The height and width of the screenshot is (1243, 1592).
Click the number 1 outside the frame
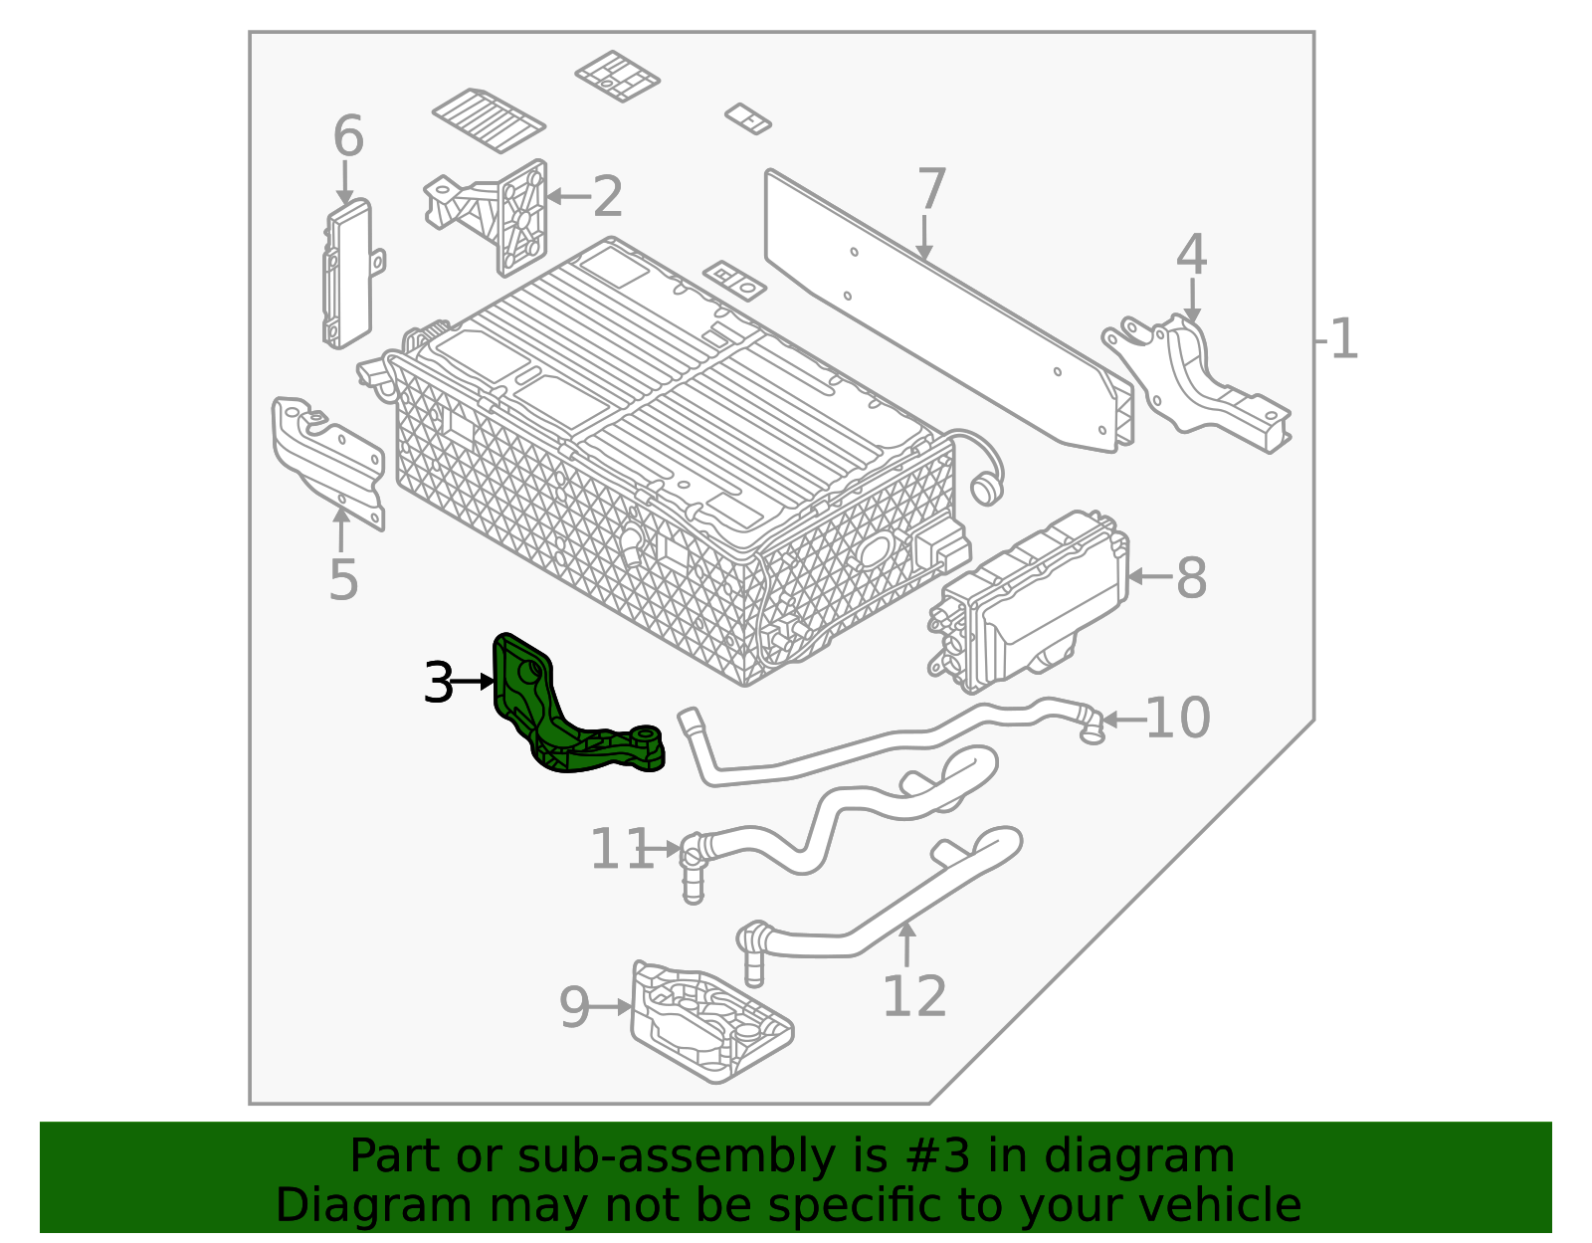pos(1343,339)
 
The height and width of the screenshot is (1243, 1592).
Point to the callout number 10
pos(1177,718)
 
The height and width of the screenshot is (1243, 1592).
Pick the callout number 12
pos(913,995)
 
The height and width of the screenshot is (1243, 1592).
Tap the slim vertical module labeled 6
pos(347,274)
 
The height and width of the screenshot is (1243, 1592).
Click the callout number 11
pos(620,849)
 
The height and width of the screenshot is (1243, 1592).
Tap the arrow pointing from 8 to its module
pos(1149,576)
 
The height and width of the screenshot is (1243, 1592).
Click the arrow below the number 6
pos(345,184)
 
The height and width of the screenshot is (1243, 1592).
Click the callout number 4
pos(1191,255)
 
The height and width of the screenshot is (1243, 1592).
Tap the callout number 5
pos(343,580)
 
